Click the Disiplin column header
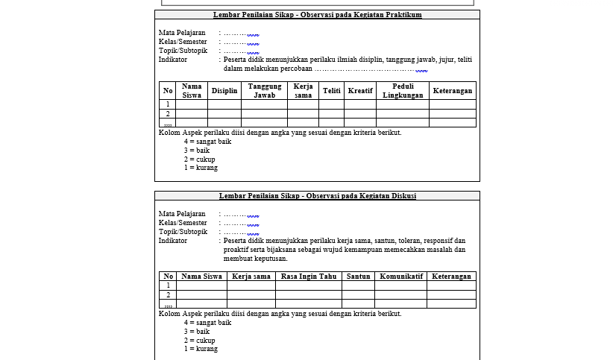point(224,91)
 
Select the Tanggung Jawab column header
point(264,91)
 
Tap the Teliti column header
point(331,91)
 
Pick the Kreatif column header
point(360,91)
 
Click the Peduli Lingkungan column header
point(403,91)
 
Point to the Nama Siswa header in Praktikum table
point(192,91)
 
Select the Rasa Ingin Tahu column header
point(309,277)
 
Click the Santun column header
point(358,277)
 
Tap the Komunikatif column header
point(401,277)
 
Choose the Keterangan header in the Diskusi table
point(451,277)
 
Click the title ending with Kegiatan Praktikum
point(317,14)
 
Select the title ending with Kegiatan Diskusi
point(317,196)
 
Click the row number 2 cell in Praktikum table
point(168,114)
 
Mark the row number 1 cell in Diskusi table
point(168,285)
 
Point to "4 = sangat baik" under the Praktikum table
point(207,142)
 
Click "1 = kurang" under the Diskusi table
point(201,349)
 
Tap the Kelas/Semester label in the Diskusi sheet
point(183,223)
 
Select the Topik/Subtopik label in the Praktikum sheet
point(183,51)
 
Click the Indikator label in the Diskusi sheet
point(173,241)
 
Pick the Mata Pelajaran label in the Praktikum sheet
point(182,33)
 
